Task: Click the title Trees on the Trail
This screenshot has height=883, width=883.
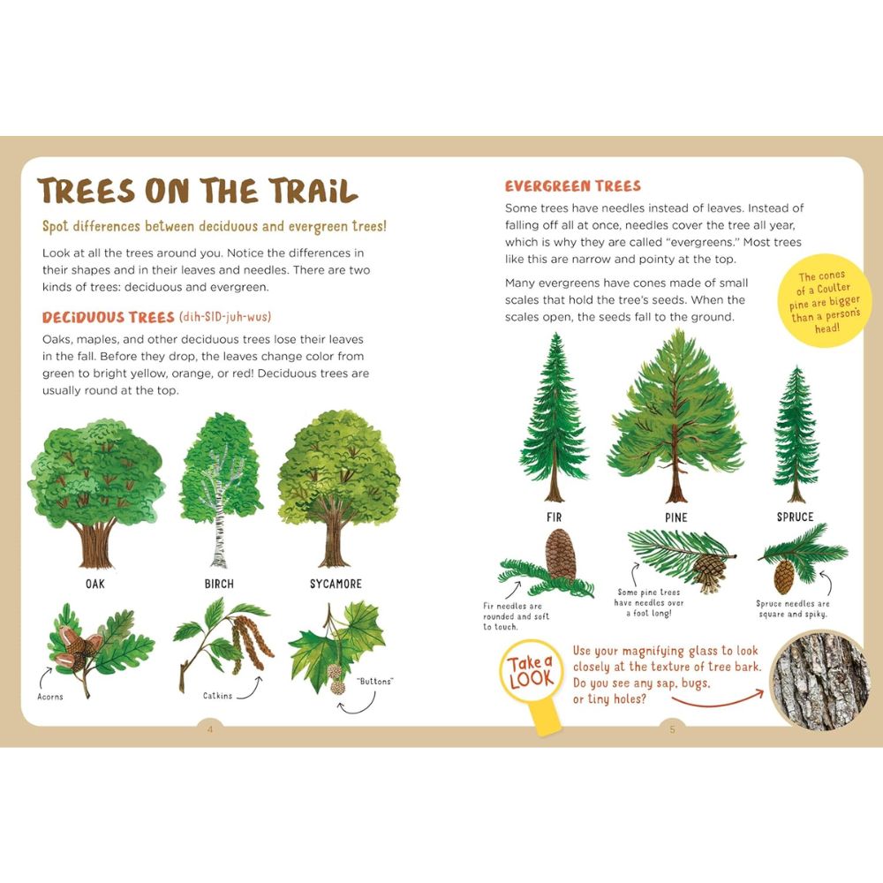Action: pyautogui.click(x=198, y=192)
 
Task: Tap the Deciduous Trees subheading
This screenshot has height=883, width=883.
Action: pyautogui.click(x=109, y=317)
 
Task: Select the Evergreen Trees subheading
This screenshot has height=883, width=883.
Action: pyautogui.click(x=572, y=186)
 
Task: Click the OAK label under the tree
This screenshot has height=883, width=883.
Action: pyautogui.click(x=95, y=584)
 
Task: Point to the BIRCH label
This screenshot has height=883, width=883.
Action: pyautogui.click(x=219, y=584)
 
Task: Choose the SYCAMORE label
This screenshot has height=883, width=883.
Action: pyautogui.click(x=336, y=584)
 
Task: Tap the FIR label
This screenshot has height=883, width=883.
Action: pyautogui.click(x=554, y=517)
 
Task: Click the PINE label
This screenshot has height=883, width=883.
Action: pyautogui.click(x=675, y=517)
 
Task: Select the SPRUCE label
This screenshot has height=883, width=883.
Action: pyautogui.click(x=795, y=517)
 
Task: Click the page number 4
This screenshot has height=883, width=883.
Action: pyautogui.click(x=210, y=728)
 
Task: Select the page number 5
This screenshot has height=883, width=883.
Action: pyautogui.click(x=672, y=728)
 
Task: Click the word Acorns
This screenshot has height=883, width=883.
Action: pyautogui.click(x=50, y=697)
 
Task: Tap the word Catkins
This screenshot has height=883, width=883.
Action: pyautogui.click(x=217, y=696)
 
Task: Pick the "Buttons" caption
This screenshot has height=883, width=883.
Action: pyautogui.click(x=374, y=682)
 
